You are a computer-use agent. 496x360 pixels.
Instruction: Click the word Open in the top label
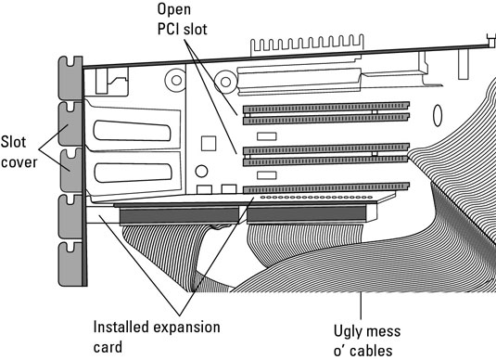[174, 9]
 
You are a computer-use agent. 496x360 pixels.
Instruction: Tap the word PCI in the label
[169, 29]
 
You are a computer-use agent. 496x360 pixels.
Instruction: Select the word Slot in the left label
[13, 142]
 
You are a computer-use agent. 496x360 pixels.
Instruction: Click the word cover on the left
[19, 162]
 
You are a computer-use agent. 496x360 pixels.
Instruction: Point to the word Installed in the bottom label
[122, 327]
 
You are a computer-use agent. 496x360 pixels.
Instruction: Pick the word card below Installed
[108, 347]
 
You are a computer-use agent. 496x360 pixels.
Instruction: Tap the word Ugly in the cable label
[347, 332]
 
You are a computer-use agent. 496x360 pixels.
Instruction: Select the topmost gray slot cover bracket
[70, 78]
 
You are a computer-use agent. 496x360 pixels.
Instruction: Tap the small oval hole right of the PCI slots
[438, 116]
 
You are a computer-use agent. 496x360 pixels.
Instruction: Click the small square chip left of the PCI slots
[209, 144]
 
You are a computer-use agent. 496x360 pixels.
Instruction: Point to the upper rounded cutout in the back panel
[132, 131]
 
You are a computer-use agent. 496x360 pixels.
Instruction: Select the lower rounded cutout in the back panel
[134, 173]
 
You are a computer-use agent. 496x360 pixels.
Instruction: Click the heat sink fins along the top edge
[307, 45]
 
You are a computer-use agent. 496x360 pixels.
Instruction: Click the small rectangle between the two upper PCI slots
[267, 136]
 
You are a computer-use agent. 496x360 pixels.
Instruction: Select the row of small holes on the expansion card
[316, 198]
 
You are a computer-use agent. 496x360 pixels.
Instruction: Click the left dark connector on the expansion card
[179, 215]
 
